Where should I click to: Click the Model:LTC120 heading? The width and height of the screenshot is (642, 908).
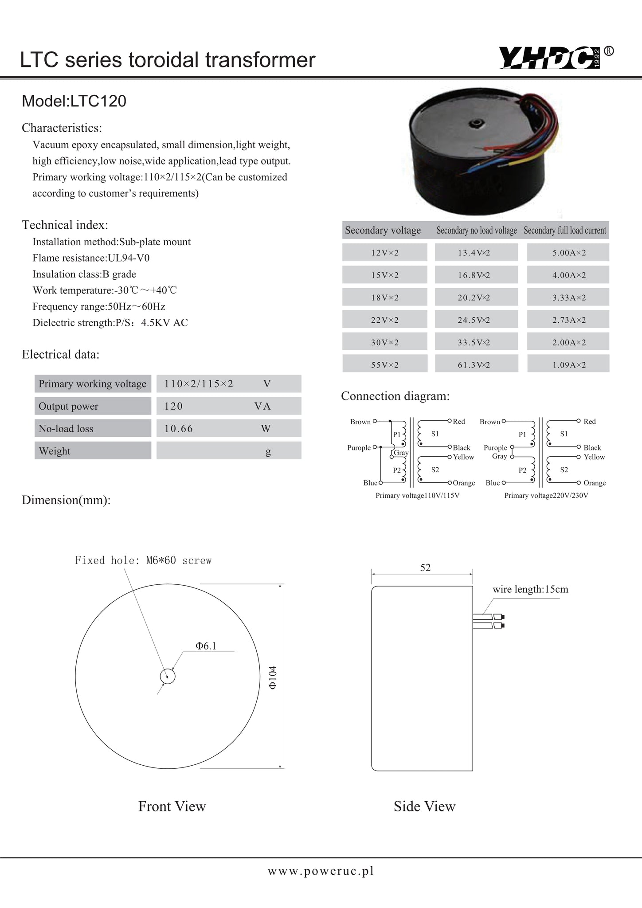[x=74, y=101]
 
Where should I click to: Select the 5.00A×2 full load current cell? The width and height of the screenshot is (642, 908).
[x=568, y=253]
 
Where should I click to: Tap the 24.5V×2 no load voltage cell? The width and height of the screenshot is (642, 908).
[x=476, y=320]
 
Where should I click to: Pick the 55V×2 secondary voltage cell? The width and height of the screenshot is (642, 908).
[x=385, y=364]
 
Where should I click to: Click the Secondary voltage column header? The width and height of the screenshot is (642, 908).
[x=383, y=230]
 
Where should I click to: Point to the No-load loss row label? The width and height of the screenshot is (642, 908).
[x=66, y=428]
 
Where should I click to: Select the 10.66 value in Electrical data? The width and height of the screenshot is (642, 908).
[x=179, y=428]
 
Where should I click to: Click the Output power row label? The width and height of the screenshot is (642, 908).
[x=68, y=406]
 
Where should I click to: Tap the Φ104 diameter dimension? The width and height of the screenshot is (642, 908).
[x=273, y=677]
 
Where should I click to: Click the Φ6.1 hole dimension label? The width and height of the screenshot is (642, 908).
[x=206, y=646]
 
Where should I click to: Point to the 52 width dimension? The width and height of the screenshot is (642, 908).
[x=425, y=567]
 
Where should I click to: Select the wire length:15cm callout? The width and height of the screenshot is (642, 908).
[x=530, y=589]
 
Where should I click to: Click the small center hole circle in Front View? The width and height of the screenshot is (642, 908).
[x=168, y=677]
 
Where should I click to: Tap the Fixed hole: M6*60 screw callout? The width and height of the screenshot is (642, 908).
[x=143, y=560]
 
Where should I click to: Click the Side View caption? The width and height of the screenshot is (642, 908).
[x=424, y=806]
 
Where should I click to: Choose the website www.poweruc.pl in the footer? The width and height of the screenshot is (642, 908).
[x=321, y=871]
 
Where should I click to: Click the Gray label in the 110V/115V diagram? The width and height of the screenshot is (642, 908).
[x=401, y=453]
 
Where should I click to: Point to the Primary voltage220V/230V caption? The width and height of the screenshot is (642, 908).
[x=546, y=495]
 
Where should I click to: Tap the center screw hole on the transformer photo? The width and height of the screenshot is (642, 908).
[x=478, y=123]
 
